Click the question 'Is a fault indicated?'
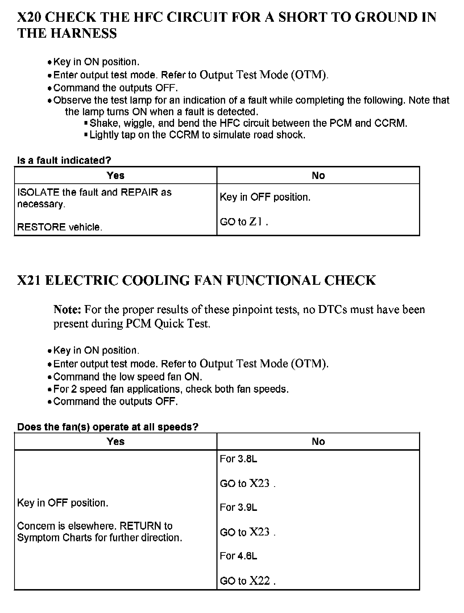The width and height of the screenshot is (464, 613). point(64,160)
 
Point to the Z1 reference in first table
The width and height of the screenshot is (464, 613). point(256,221)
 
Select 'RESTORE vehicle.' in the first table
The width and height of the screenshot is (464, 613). point(60,227)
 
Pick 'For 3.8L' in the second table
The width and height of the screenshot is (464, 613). point(239,459)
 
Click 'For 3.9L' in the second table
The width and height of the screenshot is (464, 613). point(239,507)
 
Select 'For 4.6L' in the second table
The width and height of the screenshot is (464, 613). point(239,556)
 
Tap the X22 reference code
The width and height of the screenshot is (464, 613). point(260,581)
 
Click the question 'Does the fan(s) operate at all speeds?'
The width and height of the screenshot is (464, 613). point(108,427)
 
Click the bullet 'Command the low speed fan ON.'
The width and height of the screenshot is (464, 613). point(128,377)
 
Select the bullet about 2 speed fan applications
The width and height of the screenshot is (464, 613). point(171,389)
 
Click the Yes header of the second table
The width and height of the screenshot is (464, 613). point(116,441)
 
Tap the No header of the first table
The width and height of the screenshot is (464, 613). point(318,175)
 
